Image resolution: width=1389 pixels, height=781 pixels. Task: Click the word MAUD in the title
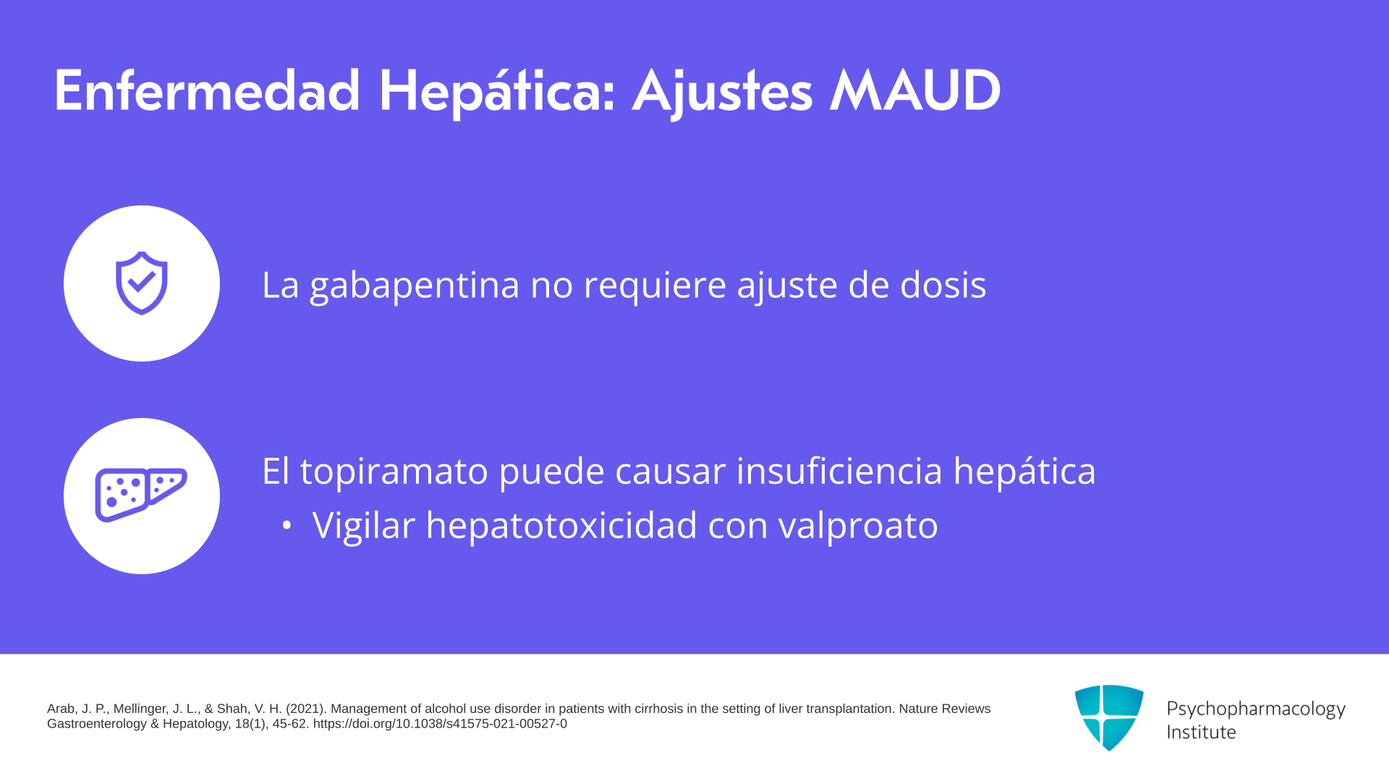[x=915, y=91]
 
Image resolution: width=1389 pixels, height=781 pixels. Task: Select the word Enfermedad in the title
[x=207, y=91]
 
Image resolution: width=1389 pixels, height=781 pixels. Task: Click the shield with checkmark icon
[x=142, y=283]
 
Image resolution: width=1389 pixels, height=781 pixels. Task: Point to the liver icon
[x=141, y=495]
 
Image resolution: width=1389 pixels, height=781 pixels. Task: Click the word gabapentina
[x=415, y=285]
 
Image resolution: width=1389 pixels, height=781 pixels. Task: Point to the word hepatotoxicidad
[x=561, y=525]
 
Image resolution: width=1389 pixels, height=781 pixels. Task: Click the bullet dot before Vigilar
[x=287, y=526]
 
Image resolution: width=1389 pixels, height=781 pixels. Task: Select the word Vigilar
[x=364, y=526]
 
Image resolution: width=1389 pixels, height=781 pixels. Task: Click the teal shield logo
[x=1109, y=717]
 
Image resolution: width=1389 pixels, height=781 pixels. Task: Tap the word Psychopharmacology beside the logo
[x=1256, y=709]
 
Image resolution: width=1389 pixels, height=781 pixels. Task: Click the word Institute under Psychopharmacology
[x=1201, y=732]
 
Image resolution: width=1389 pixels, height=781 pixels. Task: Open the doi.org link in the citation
[x=440, y=724]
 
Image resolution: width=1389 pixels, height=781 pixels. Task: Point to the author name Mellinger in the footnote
[x=141, y=709]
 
